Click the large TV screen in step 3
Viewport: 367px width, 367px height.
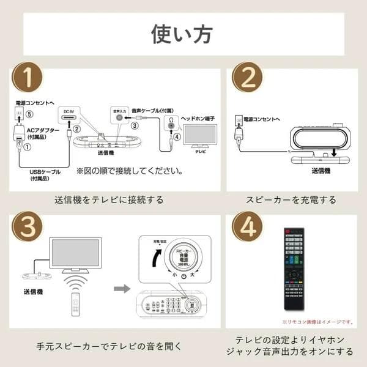click(76, 252)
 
